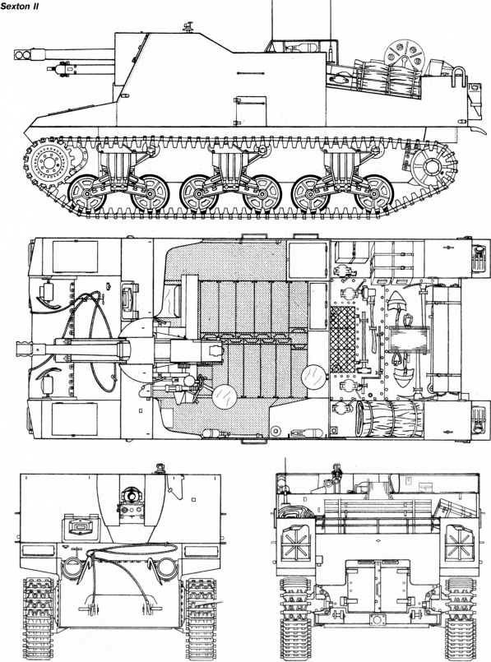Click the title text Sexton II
[20, 7]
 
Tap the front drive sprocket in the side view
[48, 162]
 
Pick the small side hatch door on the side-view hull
[251, 111]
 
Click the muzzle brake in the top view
[25, 349]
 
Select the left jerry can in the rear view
[296, 540]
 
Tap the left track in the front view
[38, 612]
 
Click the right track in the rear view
[461, 612]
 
